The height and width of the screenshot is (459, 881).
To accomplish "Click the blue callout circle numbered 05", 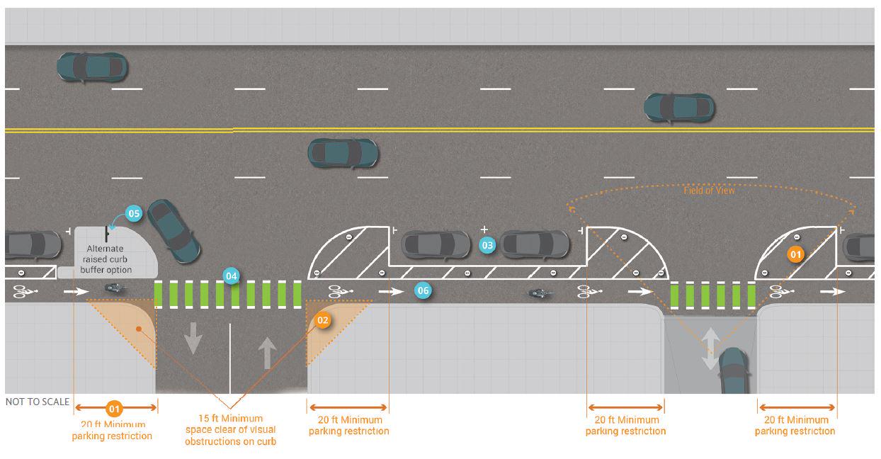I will (134, 212).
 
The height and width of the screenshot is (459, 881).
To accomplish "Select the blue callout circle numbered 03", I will (487, 245).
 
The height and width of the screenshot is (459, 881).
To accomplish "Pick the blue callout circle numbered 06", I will (422, 290).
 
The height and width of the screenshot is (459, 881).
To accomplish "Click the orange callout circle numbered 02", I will (323, 320).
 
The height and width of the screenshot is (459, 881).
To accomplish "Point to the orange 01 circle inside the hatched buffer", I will (796, 254).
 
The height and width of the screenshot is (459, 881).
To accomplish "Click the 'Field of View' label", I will (709, 191).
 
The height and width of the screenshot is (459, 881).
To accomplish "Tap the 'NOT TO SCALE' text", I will (38, 402).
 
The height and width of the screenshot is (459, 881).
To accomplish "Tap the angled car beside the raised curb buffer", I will (173, 230).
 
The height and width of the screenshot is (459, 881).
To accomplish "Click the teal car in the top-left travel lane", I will (92, 67).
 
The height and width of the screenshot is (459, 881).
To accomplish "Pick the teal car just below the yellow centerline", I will (343, 152).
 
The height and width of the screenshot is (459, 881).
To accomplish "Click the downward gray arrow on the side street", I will (192, 338).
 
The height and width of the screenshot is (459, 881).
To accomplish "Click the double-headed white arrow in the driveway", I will (710, 348).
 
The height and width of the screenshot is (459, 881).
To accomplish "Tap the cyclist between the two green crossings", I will (539, 292).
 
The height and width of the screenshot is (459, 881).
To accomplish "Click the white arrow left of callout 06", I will (390, 290).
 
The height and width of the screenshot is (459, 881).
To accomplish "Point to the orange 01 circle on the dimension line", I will (115, 408).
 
